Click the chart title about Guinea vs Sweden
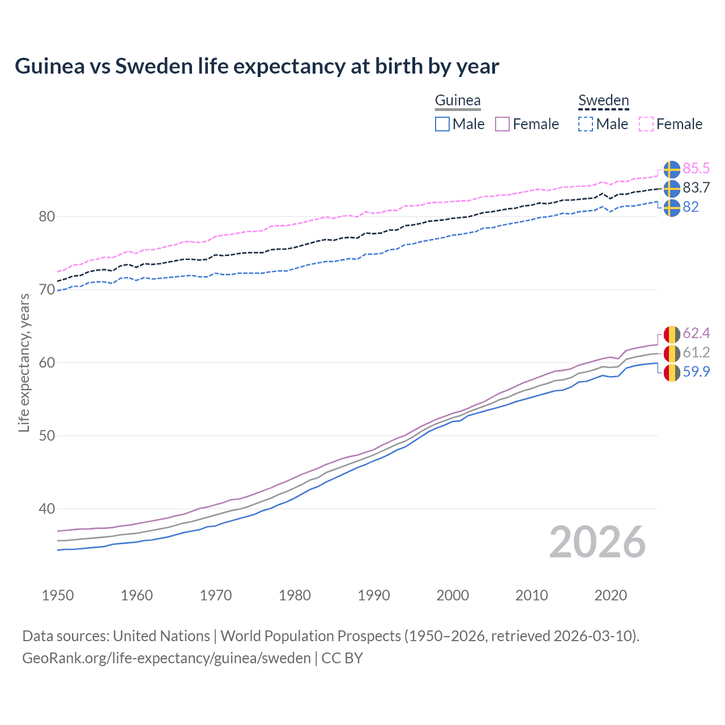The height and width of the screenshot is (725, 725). [x=257, y=66]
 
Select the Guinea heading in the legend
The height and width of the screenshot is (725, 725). [x=458, y=100]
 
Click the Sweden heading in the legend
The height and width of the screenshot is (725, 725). [x=603, y=100]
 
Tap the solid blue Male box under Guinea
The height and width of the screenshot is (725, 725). [x=442, y=124]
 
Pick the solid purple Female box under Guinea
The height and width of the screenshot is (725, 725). [x=502, y=124]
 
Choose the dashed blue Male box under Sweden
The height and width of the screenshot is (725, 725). [x=586, y=124]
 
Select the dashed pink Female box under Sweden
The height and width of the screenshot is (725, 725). [x=646, y=124]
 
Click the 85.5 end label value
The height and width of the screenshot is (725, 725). [x=696, y=169]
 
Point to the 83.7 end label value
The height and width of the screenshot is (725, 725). [x=696, y=188]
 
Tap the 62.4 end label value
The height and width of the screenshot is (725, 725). [x=696, y=333]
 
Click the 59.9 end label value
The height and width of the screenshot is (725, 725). [x=696, y=372]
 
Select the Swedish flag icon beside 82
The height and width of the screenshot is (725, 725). [x=672, y=207]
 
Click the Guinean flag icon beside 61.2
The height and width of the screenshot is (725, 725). [x=672, y=353]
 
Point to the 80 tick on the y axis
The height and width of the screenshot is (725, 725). [x=47, y=216]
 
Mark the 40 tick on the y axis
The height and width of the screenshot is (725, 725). [x=47, y=509]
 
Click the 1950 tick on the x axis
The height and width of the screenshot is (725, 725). [x=58, y=595]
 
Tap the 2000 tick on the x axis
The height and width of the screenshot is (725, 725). [x=453, y=595]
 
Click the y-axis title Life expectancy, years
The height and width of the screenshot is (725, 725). [x=24, y=362]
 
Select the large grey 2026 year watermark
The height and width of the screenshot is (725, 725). [x=598, y=542]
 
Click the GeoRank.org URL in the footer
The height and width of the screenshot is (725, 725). [x=166, y=658]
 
